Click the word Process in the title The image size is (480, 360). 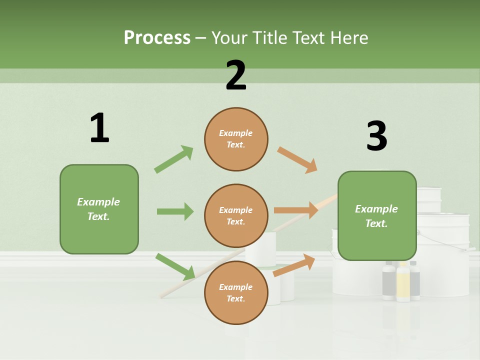pyautogui.click(x=157, y=37)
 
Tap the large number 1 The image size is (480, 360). pyautogui.click(x=99, y=128)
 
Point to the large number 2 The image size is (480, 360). pyautogui.click(x=236, y=75)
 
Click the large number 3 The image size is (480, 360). pyautogui.click(x=376, y=136)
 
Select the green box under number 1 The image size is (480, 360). pyautogui.click(x=99, y=209)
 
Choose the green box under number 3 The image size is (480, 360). pyautogui.click(x=377, y=215)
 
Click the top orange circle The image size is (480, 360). pyautogui.click(x=236, y=139)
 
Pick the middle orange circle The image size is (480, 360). pyautogui.click(x=236, y=216)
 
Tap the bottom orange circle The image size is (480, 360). pyautogui.click(x=236, y=292)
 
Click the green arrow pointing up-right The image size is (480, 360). pyautogui.click(x=174, y=159)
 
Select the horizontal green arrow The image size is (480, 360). pyautogui.click(x=175, y=211)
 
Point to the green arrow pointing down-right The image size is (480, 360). pyautogui.click(x=175, y=266)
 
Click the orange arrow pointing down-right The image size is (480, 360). pyautogui.click(x=297, y=159)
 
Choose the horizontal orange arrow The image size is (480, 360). pyautogui.click(x=296, y=210)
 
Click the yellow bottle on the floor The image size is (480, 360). pyautogui.click(x=403, y=282)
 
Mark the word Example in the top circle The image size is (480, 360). pyautogui.click(x=236, y=133)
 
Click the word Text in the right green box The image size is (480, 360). pyautogui.click(x=375, y=223)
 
